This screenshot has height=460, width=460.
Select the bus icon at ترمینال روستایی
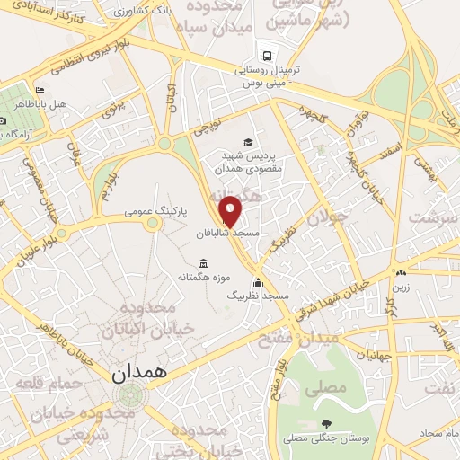point(265,52)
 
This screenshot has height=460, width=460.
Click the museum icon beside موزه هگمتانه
point(204,263)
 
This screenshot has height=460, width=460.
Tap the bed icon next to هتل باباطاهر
point(40,91)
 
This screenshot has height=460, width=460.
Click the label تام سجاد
point(437,433)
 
